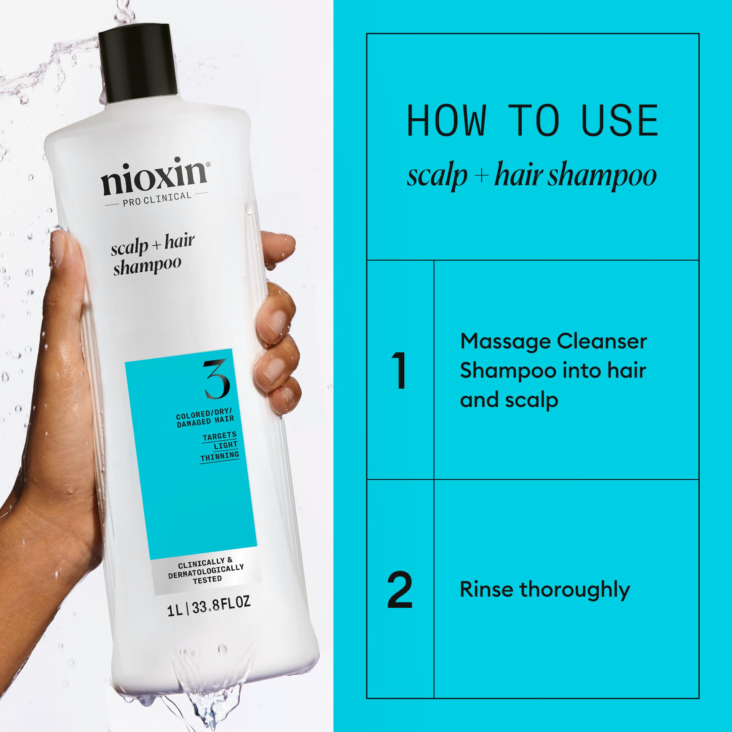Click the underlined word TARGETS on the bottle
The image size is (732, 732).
[219, 436]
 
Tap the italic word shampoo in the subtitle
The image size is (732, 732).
[603, 177]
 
